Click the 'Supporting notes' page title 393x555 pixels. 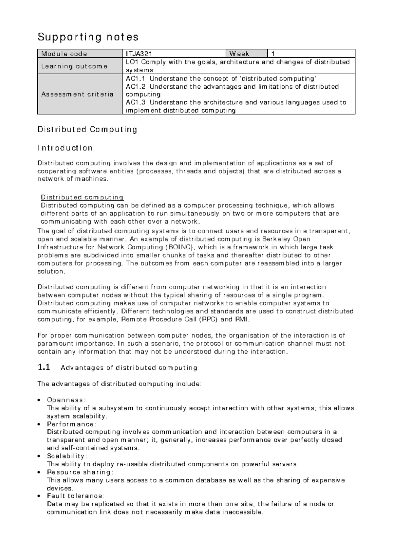pos(88,37)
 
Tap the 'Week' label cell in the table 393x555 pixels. pos(239,54)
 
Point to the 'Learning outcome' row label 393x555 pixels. pos(74,66)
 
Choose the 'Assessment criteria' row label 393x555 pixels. pos(77,94)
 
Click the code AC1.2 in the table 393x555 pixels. pos(136,87)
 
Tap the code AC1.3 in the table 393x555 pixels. pos(136,102)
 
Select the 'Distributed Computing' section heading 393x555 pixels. pos(87,130)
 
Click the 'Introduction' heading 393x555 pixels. pos(65,148)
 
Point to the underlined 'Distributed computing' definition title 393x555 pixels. pos(82,197)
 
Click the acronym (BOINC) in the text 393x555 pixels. pos(179,247)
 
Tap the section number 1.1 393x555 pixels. pos(44,367)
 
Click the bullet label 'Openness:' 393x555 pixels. pos(66,400)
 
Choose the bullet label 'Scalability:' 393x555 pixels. pos(67,456)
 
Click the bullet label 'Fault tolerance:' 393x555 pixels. pos(76,496)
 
